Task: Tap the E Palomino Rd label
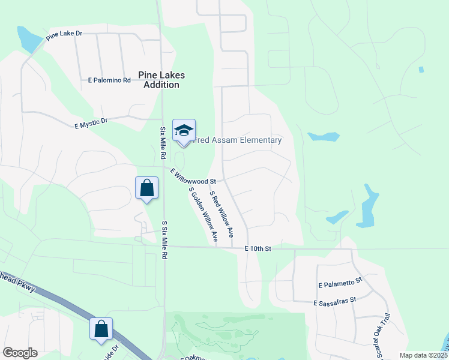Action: click(109, 80)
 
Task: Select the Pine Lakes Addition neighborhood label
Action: click(161, 80)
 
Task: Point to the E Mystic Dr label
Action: click(91, 123)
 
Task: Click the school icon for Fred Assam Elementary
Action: click(184, 130)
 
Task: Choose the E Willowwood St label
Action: click(193, 177)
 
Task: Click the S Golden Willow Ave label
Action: click(203, 215)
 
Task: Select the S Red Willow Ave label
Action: click(221, 211)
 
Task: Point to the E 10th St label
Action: click(258, 248)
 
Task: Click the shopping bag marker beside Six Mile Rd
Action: click(147, 188)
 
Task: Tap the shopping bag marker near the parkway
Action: click(101, 329)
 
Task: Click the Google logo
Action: click(20, 353)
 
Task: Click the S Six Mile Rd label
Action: click(164, 239)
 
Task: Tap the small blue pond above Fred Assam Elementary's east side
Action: click(323, 137)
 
